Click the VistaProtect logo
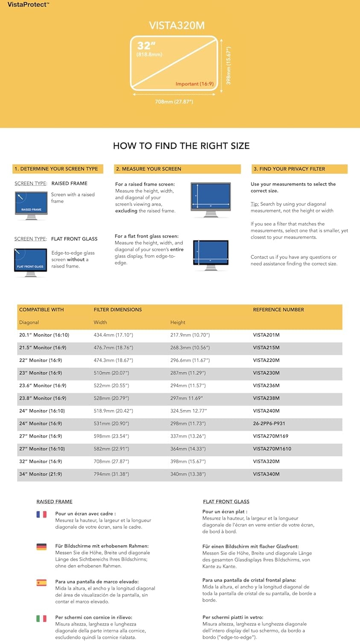point(28,5)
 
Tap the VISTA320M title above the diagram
point(177,26)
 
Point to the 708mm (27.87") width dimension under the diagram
point(174,102)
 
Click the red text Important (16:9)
point(194,84)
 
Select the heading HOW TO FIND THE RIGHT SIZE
point(181,146)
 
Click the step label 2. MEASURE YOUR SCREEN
point(149,169)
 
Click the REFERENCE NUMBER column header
point(278,309)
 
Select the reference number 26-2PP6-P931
point(269,423)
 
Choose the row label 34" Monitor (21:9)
point(41,474)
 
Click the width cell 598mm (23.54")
point(111,436)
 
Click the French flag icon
point(41,515)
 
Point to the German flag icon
point(41,547)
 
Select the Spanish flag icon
point(41,582)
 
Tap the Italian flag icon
point(41,618)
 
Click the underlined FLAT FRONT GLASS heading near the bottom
point(226,502)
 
